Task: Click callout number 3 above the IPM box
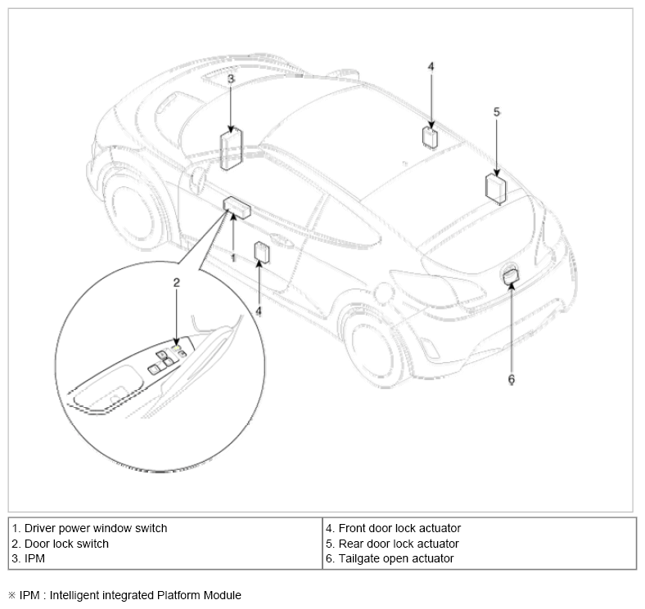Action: [231, 78]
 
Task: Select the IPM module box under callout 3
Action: [231, 149]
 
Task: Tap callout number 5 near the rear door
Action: [497, 112]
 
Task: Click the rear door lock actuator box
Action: [496, 189]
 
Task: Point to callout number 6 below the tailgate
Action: [512, 378]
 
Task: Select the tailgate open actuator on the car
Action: [512, 276]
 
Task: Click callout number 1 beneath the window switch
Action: [233, 258]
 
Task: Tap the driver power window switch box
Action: [237, 208]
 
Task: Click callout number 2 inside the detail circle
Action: [177, 283]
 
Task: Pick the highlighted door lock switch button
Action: [177, 348]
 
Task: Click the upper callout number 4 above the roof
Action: [431, 66]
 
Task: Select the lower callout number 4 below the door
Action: [259, 311]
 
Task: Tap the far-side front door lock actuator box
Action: [430, 137]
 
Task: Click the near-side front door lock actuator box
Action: [262, 253]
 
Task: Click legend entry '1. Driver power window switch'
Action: [90, 528]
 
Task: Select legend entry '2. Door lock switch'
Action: [60, 544]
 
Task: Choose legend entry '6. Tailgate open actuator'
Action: [390, 558]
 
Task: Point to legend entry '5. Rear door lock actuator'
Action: [392, 544]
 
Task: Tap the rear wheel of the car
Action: [372, 348]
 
